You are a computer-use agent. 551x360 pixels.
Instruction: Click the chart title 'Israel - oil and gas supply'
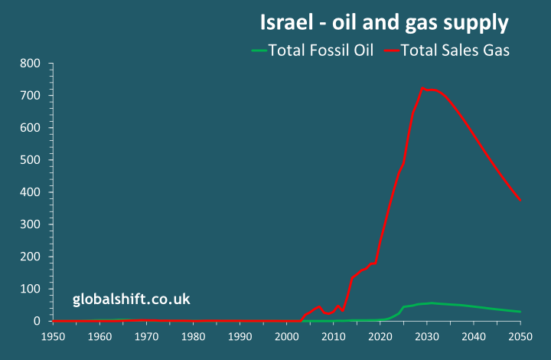pyautogui.click(x=384, y=23)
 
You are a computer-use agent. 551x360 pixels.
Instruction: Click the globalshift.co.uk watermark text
pyautogui.click(x=132, y=299)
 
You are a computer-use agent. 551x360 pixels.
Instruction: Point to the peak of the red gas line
pyautogui.click(x=422, y=88)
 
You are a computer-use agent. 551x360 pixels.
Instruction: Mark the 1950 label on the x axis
pyautogui.click(x=53, y=337)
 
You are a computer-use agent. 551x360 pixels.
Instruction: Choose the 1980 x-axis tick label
pyautogui.click(x=193, y=337)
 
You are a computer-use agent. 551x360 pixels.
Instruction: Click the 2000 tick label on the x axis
pyautogui.click(x=286, y=337)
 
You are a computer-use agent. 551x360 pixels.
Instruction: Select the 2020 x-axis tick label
pyautogui.click(x=380, y=337)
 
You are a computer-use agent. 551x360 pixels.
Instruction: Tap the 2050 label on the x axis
pyautogui.click(x=520, y=337)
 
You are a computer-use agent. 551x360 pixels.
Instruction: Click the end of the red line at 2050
pyautogui.click(x=520, y=201)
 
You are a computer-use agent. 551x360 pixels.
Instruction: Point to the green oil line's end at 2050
pyautogui.click(x=520, y=312)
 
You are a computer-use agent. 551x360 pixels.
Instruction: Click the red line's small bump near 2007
pyautogui.click(x=318, y=307)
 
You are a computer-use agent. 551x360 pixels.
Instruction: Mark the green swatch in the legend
pyautogui.click(x=259, y=51)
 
